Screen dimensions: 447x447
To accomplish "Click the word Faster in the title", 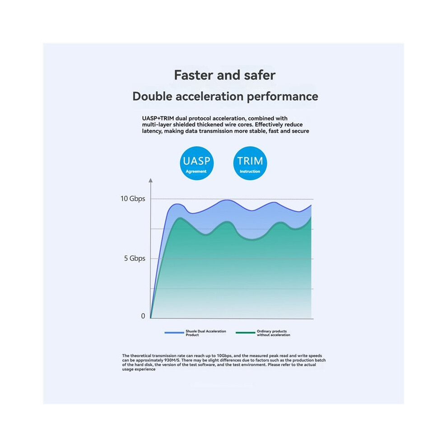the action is coord(194,75).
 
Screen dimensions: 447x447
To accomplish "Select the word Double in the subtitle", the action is coord(152,96).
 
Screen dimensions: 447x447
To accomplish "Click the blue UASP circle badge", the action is coord(197,163).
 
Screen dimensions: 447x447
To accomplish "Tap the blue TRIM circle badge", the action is coord(250,163).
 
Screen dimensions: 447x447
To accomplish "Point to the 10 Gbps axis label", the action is coord(133,199).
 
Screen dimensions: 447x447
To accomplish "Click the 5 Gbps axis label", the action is coord(135,258).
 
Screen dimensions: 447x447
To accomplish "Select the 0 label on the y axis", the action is coord(143,316).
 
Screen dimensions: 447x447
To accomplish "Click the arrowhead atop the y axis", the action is coord(150,180).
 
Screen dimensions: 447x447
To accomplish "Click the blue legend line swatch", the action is coord(174,333).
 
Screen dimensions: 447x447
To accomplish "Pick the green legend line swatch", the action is coord(246,333).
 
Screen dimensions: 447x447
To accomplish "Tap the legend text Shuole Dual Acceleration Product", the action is coord(206,333).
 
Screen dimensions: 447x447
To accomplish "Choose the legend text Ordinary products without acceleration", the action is coord(273,333).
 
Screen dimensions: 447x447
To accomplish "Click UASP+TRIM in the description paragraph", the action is coord(158,118).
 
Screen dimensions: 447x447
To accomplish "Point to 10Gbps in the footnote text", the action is coord(224,356).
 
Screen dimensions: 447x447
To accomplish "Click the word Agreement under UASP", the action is coord(196,171).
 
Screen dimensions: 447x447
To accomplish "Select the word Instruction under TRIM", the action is coord(250,171).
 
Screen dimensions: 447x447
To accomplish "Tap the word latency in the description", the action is coord(152,131).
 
